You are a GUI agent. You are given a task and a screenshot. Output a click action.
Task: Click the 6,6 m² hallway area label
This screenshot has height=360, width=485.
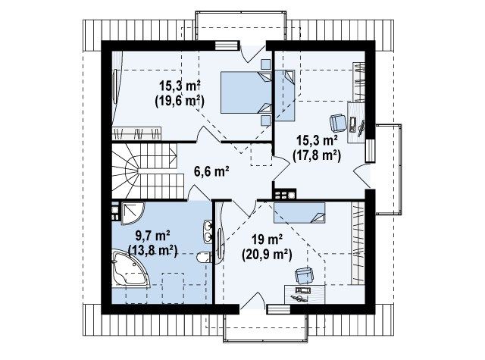(211, 171)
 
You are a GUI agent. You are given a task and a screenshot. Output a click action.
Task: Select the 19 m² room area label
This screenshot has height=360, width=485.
(267, 239)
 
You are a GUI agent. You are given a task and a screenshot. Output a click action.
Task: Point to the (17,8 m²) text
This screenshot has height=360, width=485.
(317, 155)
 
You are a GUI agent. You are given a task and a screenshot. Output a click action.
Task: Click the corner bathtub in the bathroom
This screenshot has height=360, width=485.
(130, 269)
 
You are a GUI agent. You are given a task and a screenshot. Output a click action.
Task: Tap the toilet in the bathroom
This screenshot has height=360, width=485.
(205, 257)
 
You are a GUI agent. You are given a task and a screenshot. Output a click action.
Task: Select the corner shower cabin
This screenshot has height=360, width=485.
(133, 213)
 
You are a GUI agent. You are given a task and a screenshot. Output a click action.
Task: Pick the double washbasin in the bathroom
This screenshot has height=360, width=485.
(208, 230)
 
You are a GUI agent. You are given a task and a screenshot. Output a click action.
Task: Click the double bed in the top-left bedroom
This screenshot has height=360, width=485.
(246, 92)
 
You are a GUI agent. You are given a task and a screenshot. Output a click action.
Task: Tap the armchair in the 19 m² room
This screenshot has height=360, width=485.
(304, 275)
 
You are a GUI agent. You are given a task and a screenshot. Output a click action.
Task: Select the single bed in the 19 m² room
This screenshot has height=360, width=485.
(299, 212)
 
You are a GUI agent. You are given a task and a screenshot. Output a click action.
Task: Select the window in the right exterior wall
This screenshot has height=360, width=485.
(371, 151)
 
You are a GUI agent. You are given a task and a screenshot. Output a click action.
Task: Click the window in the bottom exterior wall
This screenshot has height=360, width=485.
(278, 309)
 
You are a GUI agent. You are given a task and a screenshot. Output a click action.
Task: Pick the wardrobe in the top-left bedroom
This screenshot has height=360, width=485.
(136, 133)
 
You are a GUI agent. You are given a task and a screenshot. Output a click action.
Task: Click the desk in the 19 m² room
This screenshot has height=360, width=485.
(305, 294)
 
